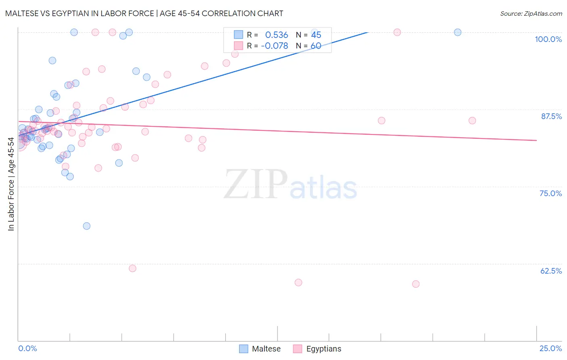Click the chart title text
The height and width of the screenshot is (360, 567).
pyautogui.click(x=144, y=13)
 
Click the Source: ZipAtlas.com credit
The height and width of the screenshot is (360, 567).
pyautogui.click(x=531, y=13)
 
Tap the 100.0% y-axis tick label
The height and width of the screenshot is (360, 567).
pyautogui.click(x=548, y=39)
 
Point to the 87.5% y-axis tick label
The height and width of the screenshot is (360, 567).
pyautogui.click(x=551, y=116)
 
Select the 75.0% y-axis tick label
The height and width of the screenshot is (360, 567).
pyautogui.click(x=550, y=193)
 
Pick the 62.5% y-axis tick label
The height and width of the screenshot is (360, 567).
pyautogui.click(x=551, y=271)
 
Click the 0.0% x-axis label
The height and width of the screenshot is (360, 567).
pyautogui.click(x=27, y=348)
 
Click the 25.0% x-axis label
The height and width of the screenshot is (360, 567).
pyautogui.click(x=550, y=348)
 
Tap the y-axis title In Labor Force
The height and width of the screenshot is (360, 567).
pyautogui.click(x=11, y=184)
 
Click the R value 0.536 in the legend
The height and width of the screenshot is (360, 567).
pyautogui.click(x=276, y=35)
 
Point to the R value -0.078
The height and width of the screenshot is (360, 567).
pyautogui.click(x=274, y=46)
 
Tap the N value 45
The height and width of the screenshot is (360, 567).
pyautogui.click(x=316, y=35)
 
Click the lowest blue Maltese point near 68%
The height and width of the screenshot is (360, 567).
pyautogui.click(x=87, y=226)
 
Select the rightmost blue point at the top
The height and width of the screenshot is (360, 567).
pyautogui.click(x=458, y=32)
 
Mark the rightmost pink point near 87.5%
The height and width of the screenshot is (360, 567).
pyautogui.click(x=472, y=121)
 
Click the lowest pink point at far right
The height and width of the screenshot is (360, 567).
pyautogui.click(x=416, y=284)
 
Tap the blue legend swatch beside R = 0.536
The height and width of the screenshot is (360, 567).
pyautogui.click(x=238, y=35)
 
